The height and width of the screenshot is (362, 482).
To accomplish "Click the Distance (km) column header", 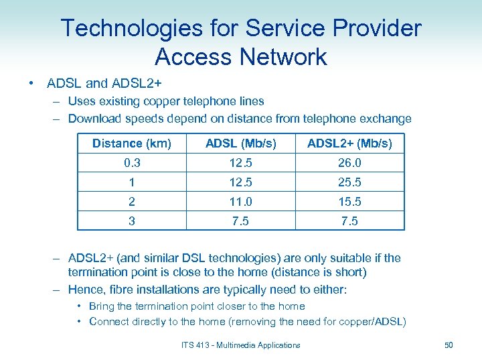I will tap(131, 143).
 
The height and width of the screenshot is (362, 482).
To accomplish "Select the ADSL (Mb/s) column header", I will tap(240, 143).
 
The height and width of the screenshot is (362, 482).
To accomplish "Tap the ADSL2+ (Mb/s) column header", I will tap(349, 143).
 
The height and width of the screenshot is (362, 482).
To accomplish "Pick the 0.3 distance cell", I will tap(131, 163).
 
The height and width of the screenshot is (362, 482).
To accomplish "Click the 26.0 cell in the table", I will tap(349, 163).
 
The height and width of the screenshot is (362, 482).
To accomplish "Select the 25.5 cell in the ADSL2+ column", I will tap(349, 182).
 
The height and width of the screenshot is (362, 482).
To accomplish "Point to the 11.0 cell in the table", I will tap(240, 202).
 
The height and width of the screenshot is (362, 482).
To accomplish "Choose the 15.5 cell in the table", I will tap(349, 202).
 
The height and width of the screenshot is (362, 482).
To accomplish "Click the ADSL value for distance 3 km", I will tap(240, 221).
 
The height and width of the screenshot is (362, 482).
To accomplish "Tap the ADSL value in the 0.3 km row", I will tap(240, 163).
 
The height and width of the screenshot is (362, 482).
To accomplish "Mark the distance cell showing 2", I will tap(131, 202).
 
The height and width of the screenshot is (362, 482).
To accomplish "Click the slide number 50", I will tap(449, 345).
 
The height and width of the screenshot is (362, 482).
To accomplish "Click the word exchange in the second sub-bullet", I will tap(386, 119).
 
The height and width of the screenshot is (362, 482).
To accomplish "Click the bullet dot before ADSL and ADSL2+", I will tap(31, 84).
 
